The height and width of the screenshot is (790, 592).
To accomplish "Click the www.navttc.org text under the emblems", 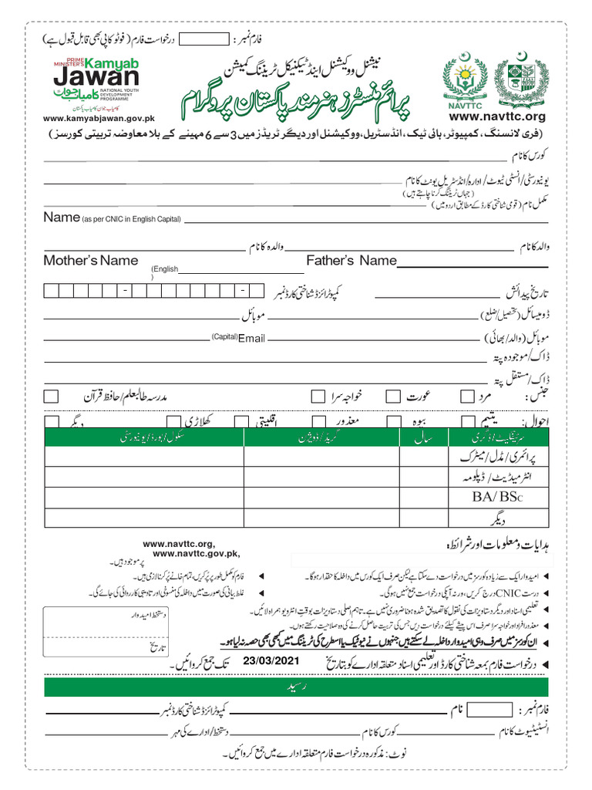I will tap(496, 116).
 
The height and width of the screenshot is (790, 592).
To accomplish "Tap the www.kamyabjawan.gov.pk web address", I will tap(99, 117).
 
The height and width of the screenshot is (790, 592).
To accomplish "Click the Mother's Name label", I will tap(91, 261).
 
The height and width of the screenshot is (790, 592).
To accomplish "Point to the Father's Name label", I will tap(351, 261).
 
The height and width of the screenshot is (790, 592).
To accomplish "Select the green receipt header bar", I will tap(296, 686).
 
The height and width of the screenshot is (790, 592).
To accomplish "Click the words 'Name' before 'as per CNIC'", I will tap(62, 218).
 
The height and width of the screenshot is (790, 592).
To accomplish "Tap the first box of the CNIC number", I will tap(50, 291).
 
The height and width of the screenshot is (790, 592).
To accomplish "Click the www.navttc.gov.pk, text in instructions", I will tap(197, 553).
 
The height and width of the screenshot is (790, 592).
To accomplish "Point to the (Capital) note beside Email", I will tap(224, 337).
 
